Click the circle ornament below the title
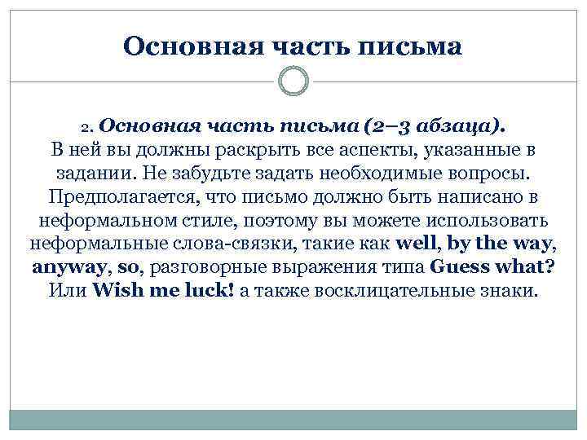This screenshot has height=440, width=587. [x=293, y=81]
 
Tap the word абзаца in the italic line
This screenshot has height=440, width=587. [x=449, y=127]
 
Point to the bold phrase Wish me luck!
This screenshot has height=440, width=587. [x=165, y=291]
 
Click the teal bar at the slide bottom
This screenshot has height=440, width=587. [x=293, y=420]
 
